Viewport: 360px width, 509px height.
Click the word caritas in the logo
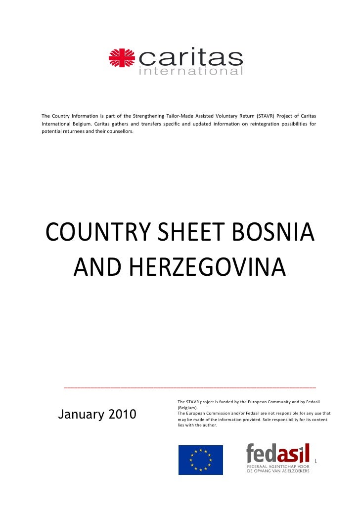[191, 58]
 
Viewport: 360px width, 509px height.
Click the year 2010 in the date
[119, 415]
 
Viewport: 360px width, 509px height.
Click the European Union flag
[200, 460]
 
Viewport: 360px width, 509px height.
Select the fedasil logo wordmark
[278, 454]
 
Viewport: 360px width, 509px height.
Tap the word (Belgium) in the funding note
[188, 408]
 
